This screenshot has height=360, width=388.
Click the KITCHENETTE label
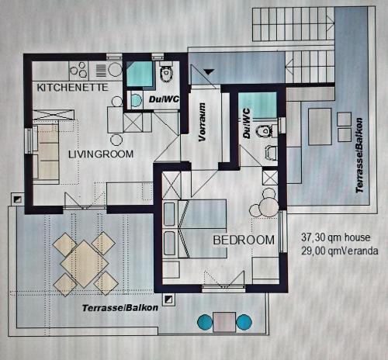coord(72,88)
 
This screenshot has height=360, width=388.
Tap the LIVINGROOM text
coord(101,154)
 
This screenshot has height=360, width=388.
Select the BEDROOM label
coord(244,240)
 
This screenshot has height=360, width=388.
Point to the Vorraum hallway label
coord(203,122)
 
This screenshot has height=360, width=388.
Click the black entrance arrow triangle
coord(209,71)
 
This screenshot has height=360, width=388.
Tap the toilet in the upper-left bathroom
coord(166,73)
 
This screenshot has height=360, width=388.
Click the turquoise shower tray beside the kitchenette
coord(140,74)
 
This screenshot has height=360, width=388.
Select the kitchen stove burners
coord(79,70)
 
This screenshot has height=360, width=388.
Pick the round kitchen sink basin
coord(115,69)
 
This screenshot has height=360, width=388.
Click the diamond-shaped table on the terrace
coord(84,264)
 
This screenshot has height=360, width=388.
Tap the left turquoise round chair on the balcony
coord(205,322)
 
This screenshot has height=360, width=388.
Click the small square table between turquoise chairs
coord(224,322)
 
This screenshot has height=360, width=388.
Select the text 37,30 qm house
coord(335,237)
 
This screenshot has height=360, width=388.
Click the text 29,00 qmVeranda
coord(340,251)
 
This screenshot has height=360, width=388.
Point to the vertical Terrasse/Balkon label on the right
coord(359,155)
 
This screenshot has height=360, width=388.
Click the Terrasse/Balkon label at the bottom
coord(120,308)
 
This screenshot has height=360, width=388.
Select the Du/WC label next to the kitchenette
coord(164,99)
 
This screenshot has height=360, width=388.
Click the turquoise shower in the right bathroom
coord(258,106)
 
